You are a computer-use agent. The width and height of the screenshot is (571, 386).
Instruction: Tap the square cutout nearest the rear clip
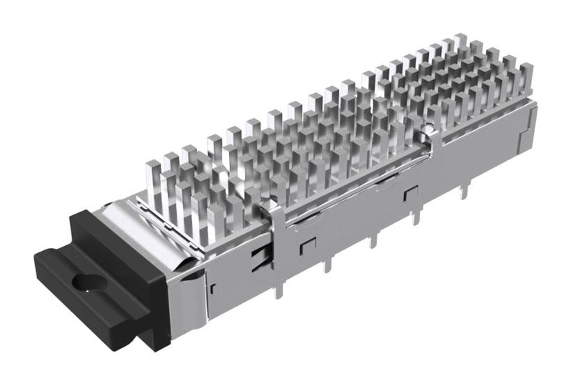click(410, 193)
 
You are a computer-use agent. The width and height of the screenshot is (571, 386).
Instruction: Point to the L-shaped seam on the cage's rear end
click(525, 136)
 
